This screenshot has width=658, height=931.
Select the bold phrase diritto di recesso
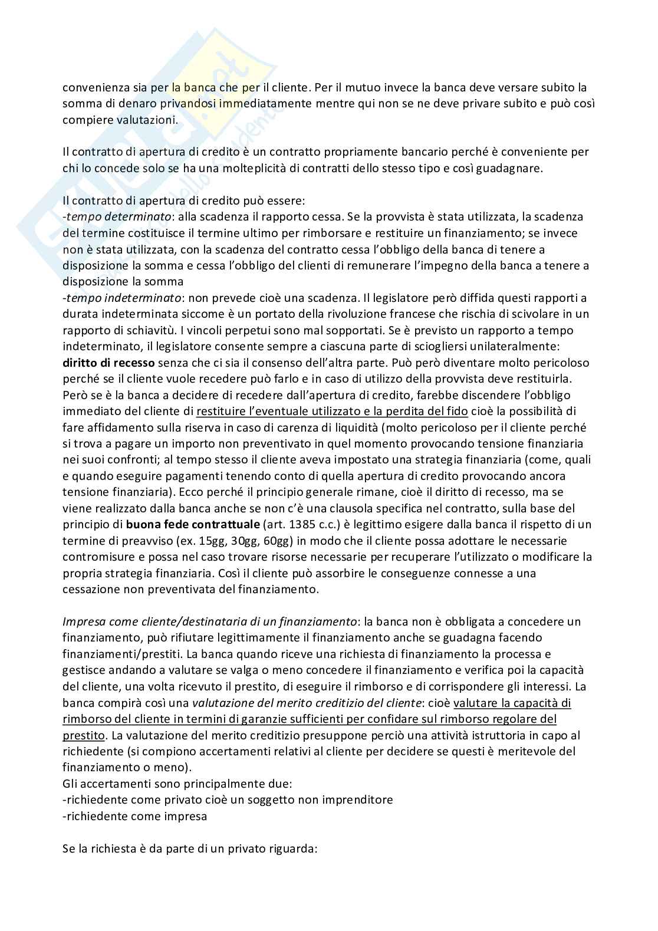click(108, 362)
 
